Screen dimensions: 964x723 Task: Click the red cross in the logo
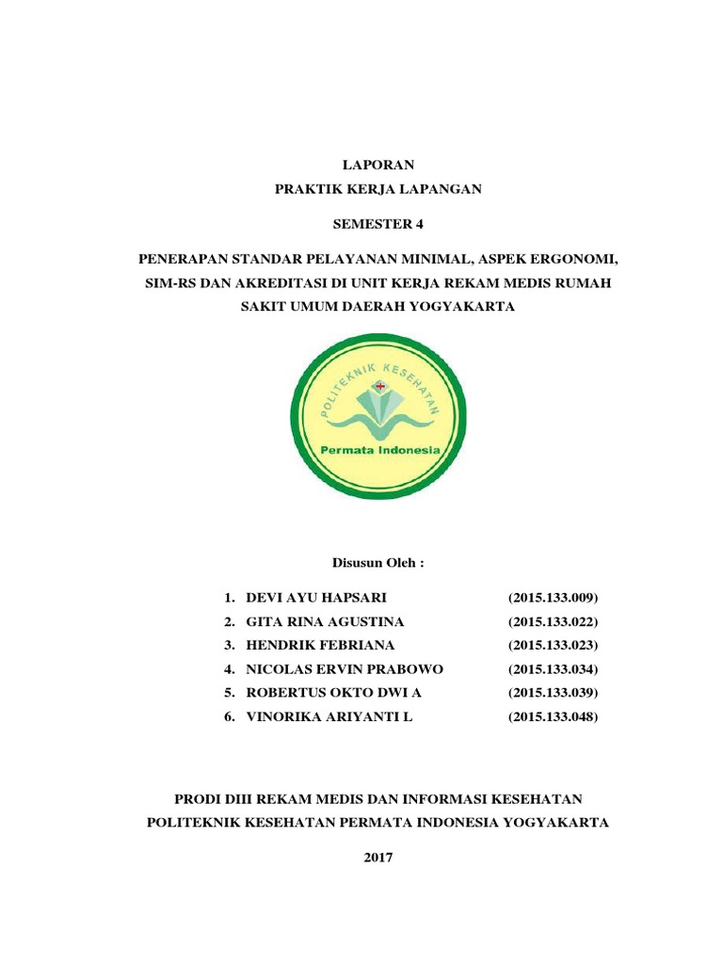(x=380, y=386)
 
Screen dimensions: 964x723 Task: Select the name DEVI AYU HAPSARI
(x=315, y=598)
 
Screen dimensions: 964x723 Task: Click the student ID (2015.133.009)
(x=553, y=598)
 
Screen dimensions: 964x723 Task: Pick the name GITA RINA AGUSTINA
(x=325, y=621)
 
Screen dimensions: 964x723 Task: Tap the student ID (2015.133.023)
(x=553, y=645)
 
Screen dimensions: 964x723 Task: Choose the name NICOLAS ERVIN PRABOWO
(x=344, y=669)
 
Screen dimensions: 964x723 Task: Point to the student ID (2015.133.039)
(x=553, y=693)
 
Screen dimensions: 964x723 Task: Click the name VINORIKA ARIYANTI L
(x=329, y=717)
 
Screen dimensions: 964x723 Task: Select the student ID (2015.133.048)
(x=553, y=717)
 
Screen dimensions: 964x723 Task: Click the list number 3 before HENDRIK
(x=229, y=645)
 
